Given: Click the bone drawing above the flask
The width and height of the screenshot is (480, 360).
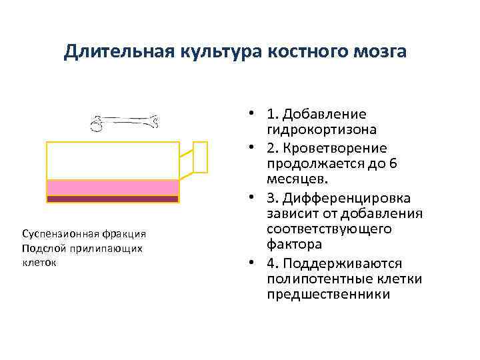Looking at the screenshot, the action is coord(126,122).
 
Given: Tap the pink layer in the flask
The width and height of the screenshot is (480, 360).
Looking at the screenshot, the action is coord(112,187).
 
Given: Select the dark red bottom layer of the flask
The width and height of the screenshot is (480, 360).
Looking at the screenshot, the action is coord(112,199).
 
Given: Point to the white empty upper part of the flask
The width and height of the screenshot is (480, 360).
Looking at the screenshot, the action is coord(112,160).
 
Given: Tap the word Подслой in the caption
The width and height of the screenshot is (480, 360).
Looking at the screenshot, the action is coord(41,248).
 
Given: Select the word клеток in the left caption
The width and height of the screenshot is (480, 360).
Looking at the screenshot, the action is coord(39,262).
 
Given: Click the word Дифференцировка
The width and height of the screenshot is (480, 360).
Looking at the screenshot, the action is coord(347,198).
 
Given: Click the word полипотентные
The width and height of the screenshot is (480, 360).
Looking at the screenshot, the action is coord(317,278).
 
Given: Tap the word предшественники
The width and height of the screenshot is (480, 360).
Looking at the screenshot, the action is coord(328,294).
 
